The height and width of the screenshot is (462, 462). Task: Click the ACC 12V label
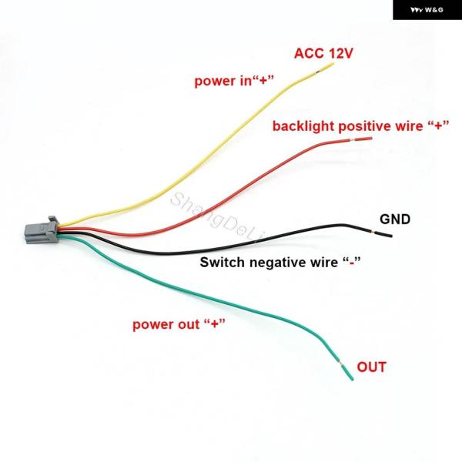click(x=323, y=53)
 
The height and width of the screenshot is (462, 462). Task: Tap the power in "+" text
click(x=234, y=81)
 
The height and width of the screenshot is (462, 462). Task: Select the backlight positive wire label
click(x=360, y=126)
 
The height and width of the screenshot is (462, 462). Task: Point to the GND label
click(x=395, y=219)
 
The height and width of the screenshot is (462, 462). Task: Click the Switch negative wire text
click(x=280, y=262)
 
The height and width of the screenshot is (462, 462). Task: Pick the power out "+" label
click(x=179, y=324)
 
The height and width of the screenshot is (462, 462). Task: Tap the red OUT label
click(x=371, y=367)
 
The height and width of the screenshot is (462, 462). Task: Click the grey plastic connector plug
click(x=42, y=230)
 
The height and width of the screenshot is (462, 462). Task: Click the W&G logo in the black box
click(x=427, y=10)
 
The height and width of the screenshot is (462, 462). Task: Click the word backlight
click(x=303, y=126)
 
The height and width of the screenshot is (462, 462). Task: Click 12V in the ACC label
click(x=340, y=53)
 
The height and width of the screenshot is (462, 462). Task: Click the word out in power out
click(x=189, y=324)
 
